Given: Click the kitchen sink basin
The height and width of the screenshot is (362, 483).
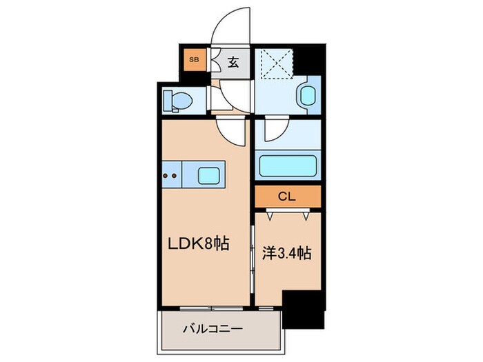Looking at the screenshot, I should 211,175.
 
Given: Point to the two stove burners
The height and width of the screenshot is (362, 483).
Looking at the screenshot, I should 171,175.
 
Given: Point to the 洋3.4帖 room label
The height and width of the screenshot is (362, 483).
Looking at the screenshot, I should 287,252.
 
